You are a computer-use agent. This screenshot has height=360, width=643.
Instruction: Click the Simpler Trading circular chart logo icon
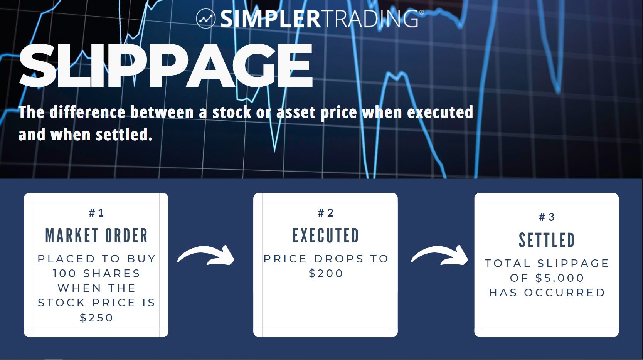(x=205, y=19)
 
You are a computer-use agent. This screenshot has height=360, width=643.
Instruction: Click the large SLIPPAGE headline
(x=166, y=66)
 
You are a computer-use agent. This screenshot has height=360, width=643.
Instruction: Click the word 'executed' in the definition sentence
(x=440, y=112)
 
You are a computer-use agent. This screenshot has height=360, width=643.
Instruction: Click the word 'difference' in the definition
(x=87, y=112)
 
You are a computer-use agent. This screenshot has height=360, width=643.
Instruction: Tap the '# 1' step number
(x=96, y=213)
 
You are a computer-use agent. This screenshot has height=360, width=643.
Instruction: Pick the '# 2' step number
(x=325, y=213)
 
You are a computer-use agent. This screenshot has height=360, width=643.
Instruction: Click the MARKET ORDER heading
(x=96, y=236)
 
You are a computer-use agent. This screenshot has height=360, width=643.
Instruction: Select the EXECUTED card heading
(x=326, y=236)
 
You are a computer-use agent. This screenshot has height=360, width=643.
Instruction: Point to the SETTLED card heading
(x=547, y=240)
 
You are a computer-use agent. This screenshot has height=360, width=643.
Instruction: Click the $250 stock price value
(x=96, y=318)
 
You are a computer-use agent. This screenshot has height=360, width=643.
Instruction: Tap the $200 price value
(x=326, y=273)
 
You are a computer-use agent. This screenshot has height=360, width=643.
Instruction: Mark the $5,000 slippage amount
(x=560, y=278)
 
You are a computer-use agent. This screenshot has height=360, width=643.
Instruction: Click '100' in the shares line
(x=64, y=273)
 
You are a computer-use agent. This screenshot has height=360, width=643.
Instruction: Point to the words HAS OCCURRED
(x=547, y=293)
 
